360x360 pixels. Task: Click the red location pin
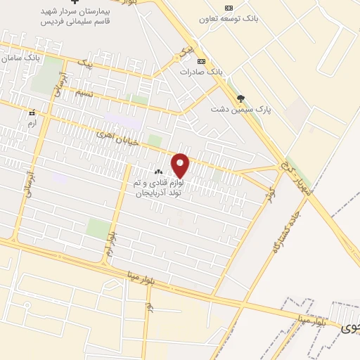[x=181, y=165]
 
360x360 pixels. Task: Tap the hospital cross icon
[x=75, y=2]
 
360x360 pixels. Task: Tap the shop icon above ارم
[x=31, y=112]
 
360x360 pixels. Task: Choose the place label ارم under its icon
[x=31, y=123]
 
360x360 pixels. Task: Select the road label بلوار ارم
[x=110, y=243]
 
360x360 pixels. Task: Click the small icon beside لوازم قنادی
[x=158, y=172]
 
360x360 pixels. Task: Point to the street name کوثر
[x=267, y=196]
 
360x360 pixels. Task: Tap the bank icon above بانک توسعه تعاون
[x=228, y=8]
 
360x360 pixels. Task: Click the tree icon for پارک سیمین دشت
[x=242, y=98]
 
